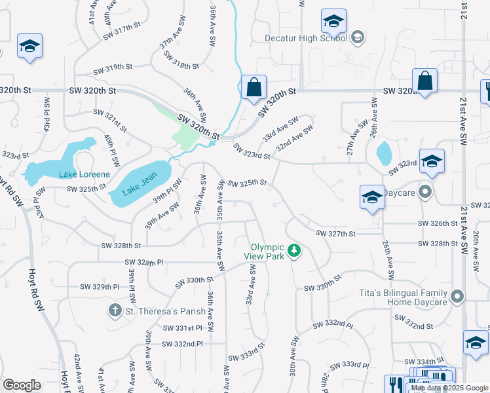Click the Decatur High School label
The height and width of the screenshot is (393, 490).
pos(305,38)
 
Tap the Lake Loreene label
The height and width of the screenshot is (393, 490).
pos(85,174)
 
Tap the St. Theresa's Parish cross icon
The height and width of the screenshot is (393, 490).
pos(115,310)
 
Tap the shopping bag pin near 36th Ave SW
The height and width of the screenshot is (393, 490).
pos(254,87)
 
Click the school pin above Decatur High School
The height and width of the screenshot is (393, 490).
pos(333,22)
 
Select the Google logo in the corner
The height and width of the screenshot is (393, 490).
pos(22,385)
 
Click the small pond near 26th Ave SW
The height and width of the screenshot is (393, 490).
pos(384,154)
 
